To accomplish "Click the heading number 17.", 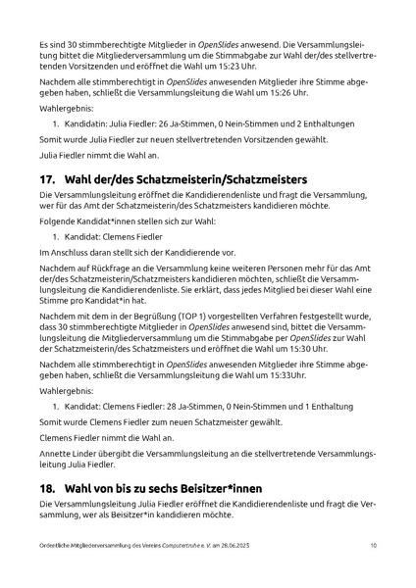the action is (x=47, y=179).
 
